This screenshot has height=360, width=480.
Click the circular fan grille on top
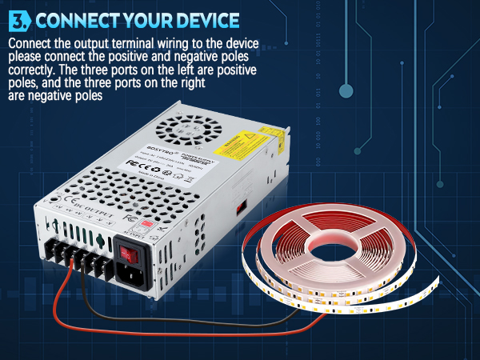pyautogui.click(x=179, y=129)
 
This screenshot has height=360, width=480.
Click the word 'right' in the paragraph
pyautogui.click(x=190, y=82)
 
